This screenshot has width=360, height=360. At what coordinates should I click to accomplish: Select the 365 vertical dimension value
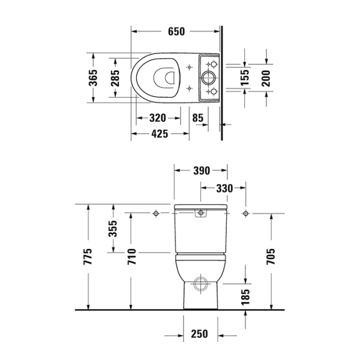(93, 77)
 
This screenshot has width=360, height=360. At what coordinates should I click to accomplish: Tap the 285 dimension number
(116, 77)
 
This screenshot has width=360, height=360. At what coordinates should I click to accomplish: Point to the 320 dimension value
(158, 118)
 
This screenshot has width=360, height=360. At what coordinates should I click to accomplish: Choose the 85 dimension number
(199, 118)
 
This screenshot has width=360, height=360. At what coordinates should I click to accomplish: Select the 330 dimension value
(223, 188)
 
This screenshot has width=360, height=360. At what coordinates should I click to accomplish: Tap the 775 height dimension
(88, 257)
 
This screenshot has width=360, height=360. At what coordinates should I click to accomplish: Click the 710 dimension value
(131, 257)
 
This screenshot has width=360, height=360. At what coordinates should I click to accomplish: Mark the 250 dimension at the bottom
(200, 334)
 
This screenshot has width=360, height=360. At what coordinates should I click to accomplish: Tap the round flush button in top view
(211, 77)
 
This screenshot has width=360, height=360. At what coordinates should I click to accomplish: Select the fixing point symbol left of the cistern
(155, 213)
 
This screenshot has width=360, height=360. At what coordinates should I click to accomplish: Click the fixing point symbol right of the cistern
(245, 213)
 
